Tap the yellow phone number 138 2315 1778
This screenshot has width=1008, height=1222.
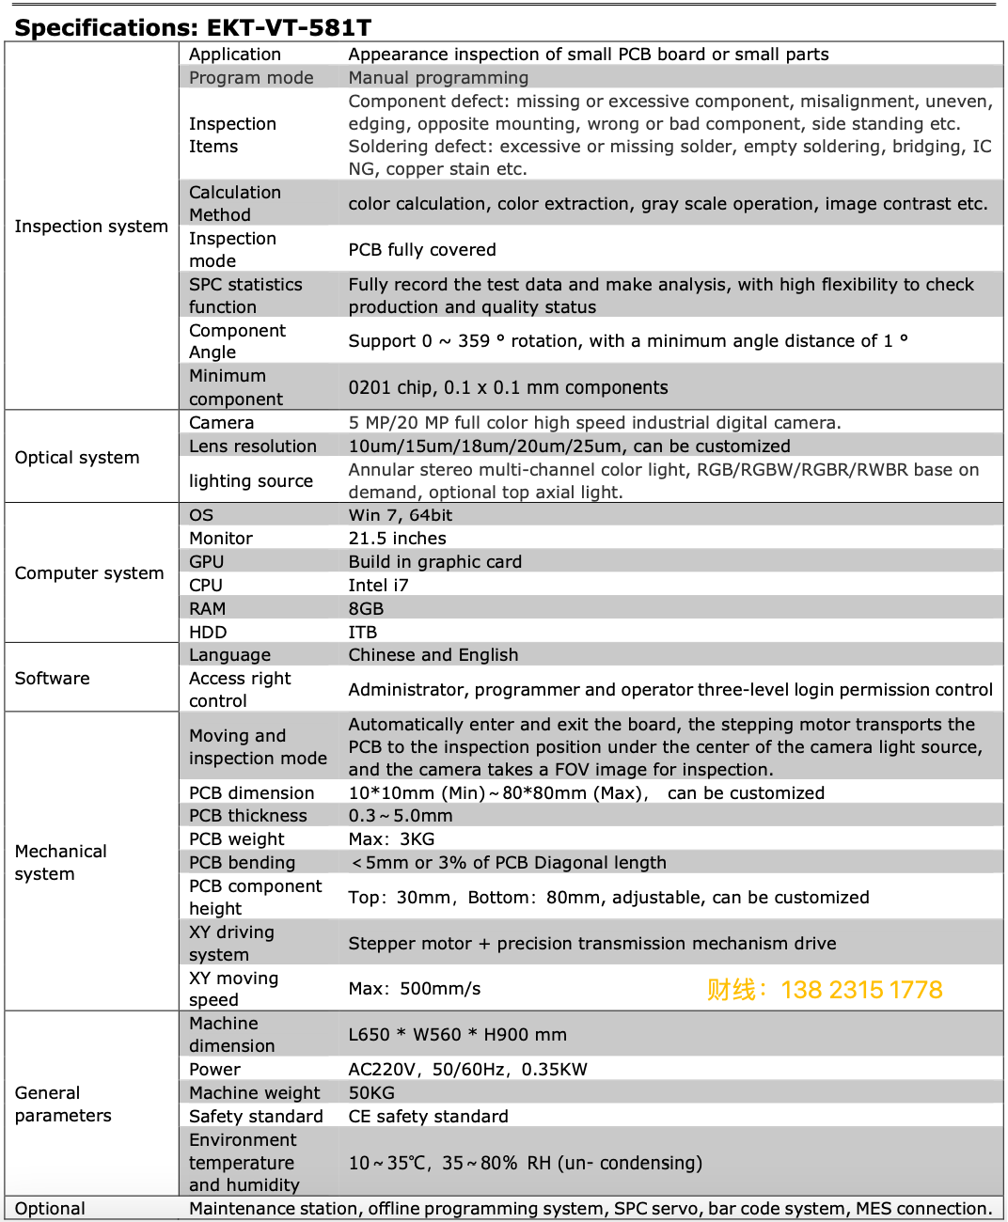coord(860,990)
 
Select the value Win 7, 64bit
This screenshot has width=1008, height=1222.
coord(400,515)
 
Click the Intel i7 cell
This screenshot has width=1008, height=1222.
coord(378,585)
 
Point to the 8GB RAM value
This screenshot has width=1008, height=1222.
coord(366,608)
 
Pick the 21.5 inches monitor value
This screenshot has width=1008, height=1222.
coord(397,538)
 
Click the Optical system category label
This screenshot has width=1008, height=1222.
coord(77,458)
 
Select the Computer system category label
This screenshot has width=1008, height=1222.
coord(89,573)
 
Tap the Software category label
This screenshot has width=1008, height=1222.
coord(53,679)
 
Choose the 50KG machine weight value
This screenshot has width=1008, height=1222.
coord(371,1092)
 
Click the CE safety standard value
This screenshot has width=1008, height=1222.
coord(428,1116)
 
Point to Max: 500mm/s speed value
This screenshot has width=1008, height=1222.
coord(414,989)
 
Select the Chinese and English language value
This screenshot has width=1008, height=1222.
coord(433,655)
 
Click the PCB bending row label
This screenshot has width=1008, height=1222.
coord(242,862)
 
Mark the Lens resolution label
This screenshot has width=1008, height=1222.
coord(252,446)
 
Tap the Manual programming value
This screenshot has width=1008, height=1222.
coord(438,78)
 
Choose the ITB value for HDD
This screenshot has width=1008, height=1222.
coord(362,632)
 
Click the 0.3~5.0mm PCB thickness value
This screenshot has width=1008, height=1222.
coord(401,815)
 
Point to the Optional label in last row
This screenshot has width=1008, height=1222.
coord(50,1209)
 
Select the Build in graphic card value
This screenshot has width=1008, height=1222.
coord(434,561)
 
